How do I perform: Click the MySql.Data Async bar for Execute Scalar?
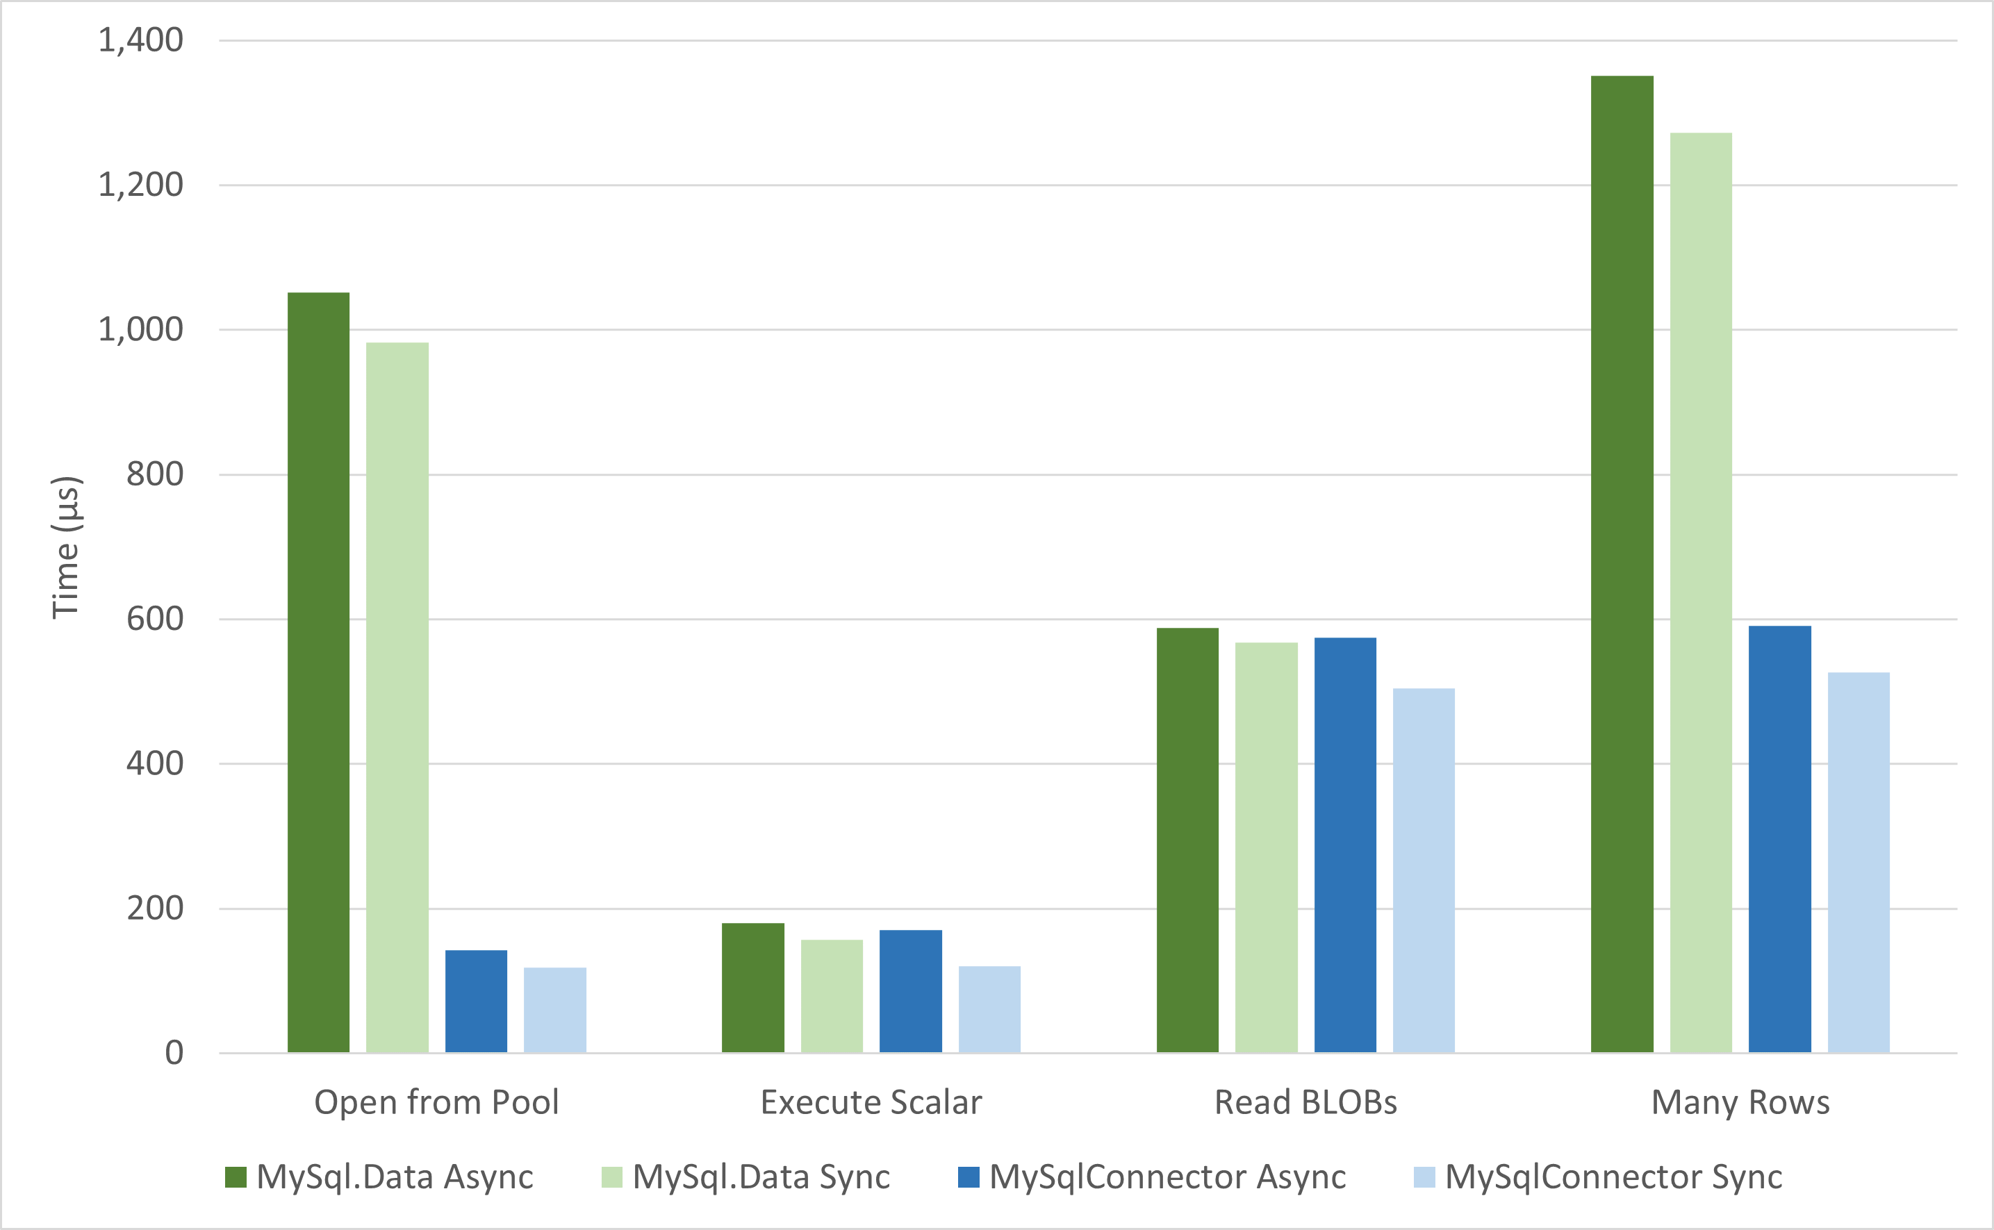click(x=752, y=988)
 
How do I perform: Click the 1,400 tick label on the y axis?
click(x=141, y=40)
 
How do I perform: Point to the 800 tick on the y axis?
click(x=154, y=474)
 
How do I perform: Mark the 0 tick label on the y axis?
click(x=174, y=1053)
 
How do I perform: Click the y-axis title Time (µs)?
click(x=66, y=547)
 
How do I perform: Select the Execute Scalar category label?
click(x=871, y=1102)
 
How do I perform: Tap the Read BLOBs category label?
click(x=1305, y=1102)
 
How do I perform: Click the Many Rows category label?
click(x=1740, y=1102)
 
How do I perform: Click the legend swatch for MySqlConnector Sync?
click(x=1424, y=1177)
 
